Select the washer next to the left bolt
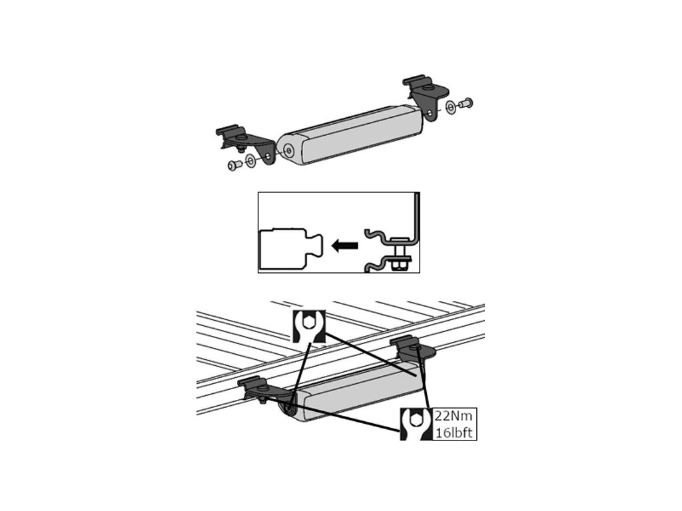click(250, 161)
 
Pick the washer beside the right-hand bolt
click(451, 107)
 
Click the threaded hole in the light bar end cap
click(288, 150)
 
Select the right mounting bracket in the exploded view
click(426, 96)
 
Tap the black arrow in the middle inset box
click(344, 246)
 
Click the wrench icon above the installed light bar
click(308, 326)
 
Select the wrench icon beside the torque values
click(416, 424)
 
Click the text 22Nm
click(453, 417)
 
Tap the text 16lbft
click(454, 433)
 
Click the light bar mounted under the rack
click(352, 393)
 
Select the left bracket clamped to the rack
click(265, 389)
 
